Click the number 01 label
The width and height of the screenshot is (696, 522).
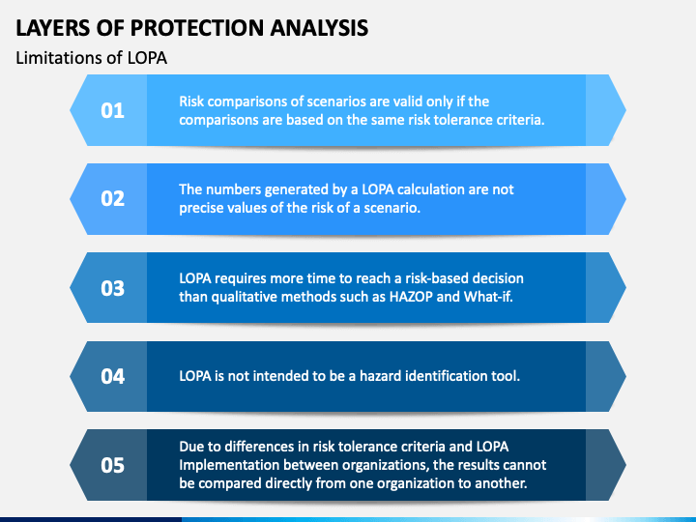click(x=113, y=110)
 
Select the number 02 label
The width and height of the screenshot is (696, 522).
click(x=113, y=198)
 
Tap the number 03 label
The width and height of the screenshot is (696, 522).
click(x=113, y=287)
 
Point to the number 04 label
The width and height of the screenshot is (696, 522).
click(x=113, y=376)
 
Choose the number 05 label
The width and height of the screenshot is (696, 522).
click(x=113, y=465)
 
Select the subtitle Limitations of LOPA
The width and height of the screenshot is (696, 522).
click(x=92, y=58)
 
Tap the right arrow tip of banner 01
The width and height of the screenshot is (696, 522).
click(x=620, y=110)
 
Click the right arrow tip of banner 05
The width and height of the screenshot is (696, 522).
click(x=620, y=465)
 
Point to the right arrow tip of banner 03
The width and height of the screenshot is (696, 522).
click(x=620, y=287)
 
